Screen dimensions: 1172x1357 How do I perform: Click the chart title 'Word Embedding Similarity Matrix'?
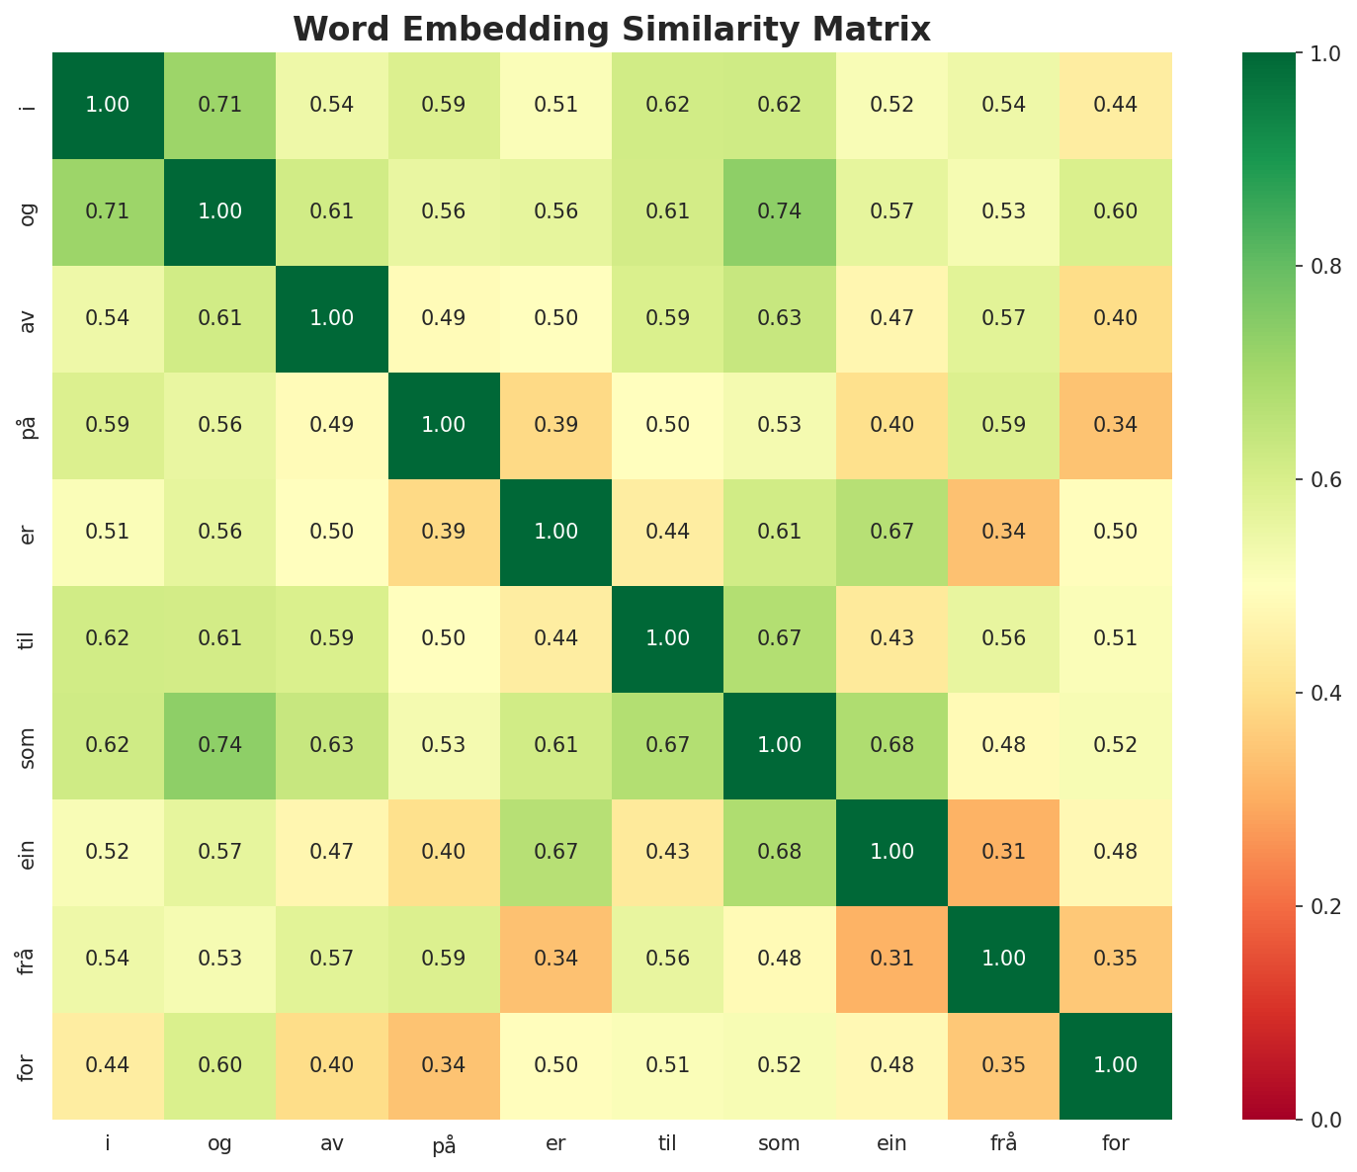click(x=612, y=30)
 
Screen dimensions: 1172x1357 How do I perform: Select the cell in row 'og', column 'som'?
click(x=780, y=211)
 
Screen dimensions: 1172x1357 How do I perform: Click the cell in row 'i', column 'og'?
click(x=219, y=105)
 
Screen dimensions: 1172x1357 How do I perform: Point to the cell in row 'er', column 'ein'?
click(x=892, y=532)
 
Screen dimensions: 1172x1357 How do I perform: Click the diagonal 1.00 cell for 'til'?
click(x=668, y=638)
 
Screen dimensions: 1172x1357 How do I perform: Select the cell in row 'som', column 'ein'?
click(x=892, y=745)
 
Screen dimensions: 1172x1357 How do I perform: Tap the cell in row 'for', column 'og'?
click(x=219, y=1065)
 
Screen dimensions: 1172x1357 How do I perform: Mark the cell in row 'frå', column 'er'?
click(x=555, y=959)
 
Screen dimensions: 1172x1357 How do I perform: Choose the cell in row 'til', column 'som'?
click(x=780, y=638)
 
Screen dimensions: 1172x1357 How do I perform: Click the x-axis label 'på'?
click(x=444, y=1145)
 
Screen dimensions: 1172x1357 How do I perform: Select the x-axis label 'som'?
click(x=780, y=1144)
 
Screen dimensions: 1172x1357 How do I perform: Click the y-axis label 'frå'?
click(x=27, y=959)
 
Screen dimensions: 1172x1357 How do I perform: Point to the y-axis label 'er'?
click(x=27, y=532)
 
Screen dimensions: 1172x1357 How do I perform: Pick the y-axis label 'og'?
click(x=27, y=211)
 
